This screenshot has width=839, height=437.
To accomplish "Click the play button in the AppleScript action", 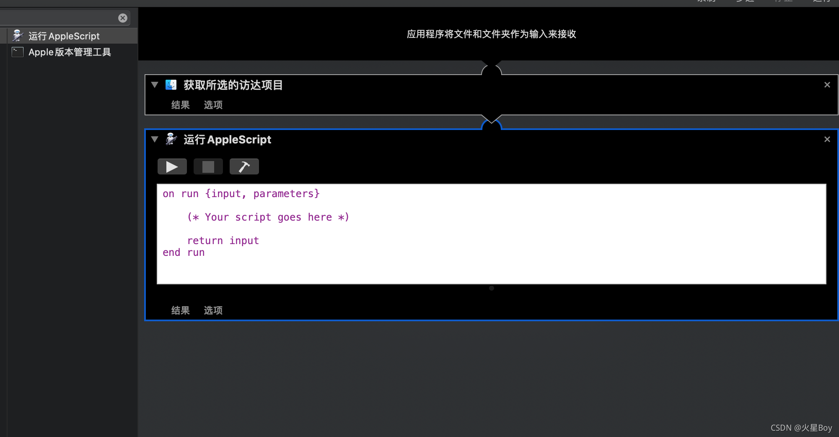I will [172, 167].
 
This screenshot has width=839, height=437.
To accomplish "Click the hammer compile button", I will [244, 167].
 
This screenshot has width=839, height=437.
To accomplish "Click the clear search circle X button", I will [122, 18].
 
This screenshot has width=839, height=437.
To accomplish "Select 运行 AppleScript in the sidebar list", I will [64, 36].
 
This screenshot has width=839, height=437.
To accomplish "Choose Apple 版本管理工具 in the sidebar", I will [70, 52].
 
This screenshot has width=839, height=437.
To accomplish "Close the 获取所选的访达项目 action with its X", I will [827, 85].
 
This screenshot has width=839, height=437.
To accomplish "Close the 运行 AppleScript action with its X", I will [827, 139].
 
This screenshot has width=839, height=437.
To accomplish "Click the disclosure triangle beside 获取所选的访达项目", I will [155, 85].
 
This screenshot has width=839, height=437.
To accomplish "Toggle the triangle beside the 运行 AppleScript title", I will [155, 139].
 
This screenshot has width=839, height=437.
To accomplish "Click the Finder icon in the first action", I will [171, 85].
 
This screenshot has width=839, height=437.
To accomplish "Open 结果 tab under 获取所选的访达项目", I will [180, 105].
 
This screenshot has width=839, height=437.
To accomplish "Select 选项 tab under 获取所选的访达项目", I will [213, 105].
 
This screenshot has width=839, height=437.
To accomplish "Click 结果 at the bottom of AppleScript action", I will [180, 310].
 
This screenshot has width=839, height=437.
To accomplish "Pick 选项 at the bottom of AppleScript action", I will [213, 310].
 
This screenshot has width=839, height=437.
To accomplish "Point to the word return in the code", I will [205, 241].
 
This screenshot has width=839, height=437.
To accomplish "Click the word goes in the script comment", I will [289, 217].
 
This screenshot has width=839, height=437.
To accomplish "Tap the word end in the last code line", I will [171, 252].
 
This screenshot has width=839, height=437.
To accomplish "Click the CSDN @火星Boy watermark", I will [801, 428].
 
